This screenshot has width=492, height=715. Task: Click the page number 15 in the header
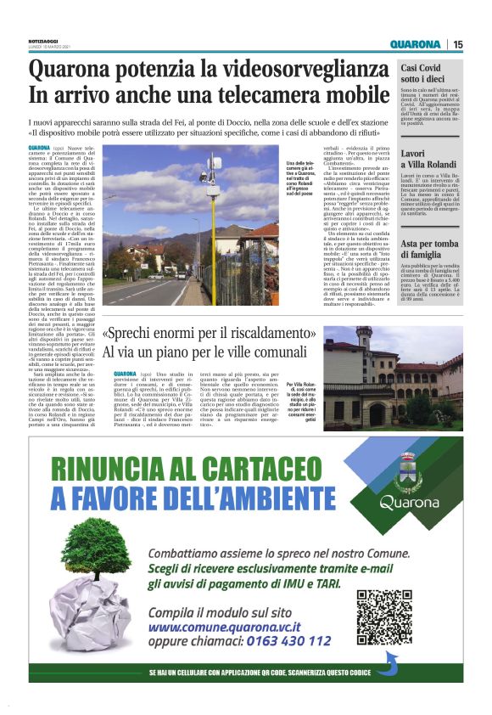(x=457, y=44)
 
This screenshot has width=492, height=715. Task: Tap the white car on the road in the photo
(x=182, y=274)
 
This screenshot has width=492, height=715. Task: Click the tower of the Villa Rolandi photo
(x=363, y=341)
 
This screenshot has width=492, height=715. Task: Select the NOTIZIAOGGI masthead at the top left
(x=47, y=42)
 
